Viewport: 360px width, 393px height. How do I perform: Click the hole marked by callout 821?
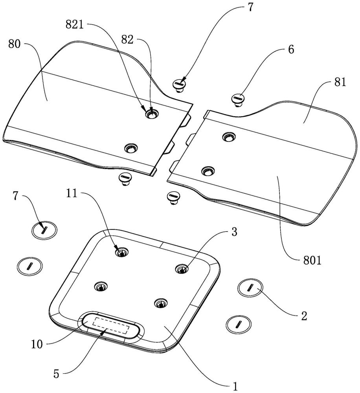tap(151, 114)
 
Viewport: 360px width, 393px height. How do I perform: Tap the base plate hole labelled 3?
tap(182, 269)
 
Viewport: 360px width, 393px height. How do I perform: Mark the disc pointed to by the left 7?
tap(44, 229)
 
